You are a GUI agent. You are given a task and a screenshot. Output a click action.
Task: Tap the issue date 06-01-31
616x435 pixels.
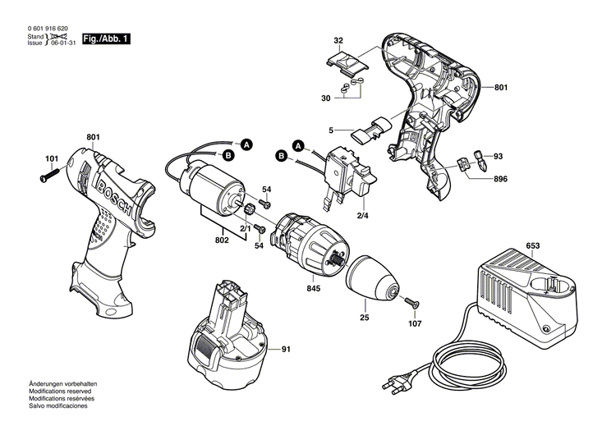pyautogui.click(x=63, y=43)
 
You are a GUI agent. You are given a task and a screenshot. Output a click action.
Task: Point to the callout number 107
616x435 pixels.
pyautogui.click(x=415, y=323)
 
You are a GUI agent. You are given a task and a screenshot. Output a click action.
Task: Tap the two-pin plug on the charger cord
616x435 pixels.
pyautogui.click(x=396, y=383)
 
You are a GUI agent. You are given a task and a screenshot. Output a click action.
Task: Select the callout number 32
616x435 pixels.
pyautogui.click(x=338, y=39)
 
